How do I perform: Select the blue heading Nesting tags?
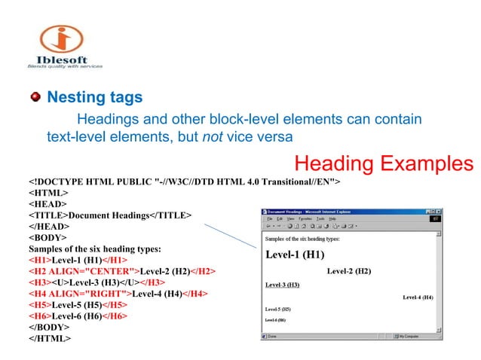pyautogui.click(x=95, y=98)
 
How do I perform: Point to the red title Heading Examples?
pyautogui.click(x=384, y=163)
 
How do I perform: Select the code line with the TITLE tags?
pyautogui.click(x=109, y=215)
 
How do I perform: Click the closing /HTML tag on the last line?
pyautogui.click(x=50, y=339)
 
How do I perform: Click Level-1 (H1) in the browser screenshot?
pyautogui.click(x=295, y=255)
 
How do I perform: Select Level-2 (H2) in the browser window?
pyautogui.click(x=349, y=270)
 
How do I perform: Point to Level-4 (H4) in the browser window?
pyautogui.click(x=418, y=297)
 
